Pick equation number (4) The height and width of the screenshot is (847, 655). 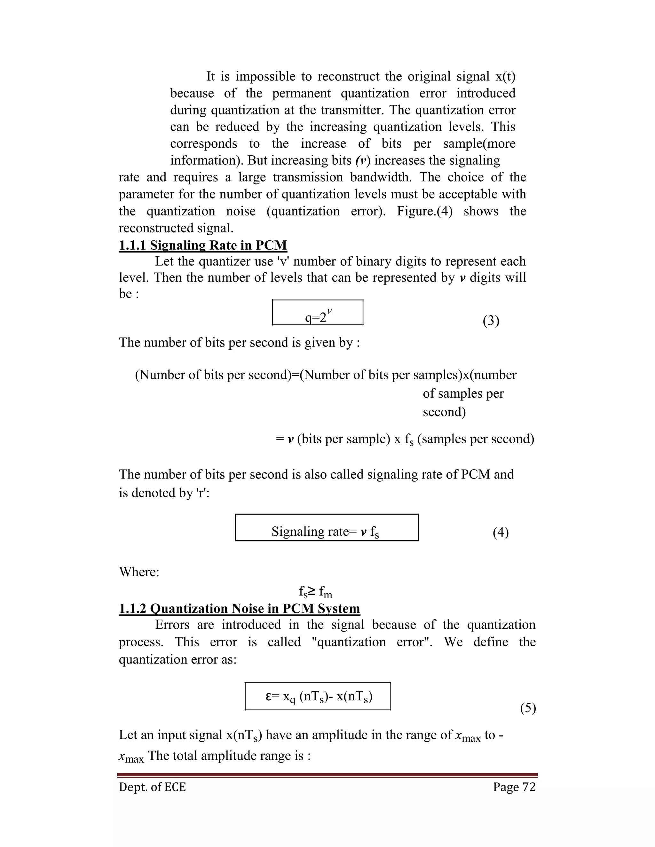tap(501, 532)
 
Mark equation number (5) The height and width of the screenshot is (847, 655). tap(528, 708)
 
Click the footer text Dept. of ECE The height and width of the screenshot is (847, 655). tap(153, 787)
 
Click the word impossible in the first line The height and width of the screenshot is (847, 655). tap(265, 76)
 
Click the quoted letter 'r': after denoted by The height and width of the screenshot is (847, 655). tap(203, 493)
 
